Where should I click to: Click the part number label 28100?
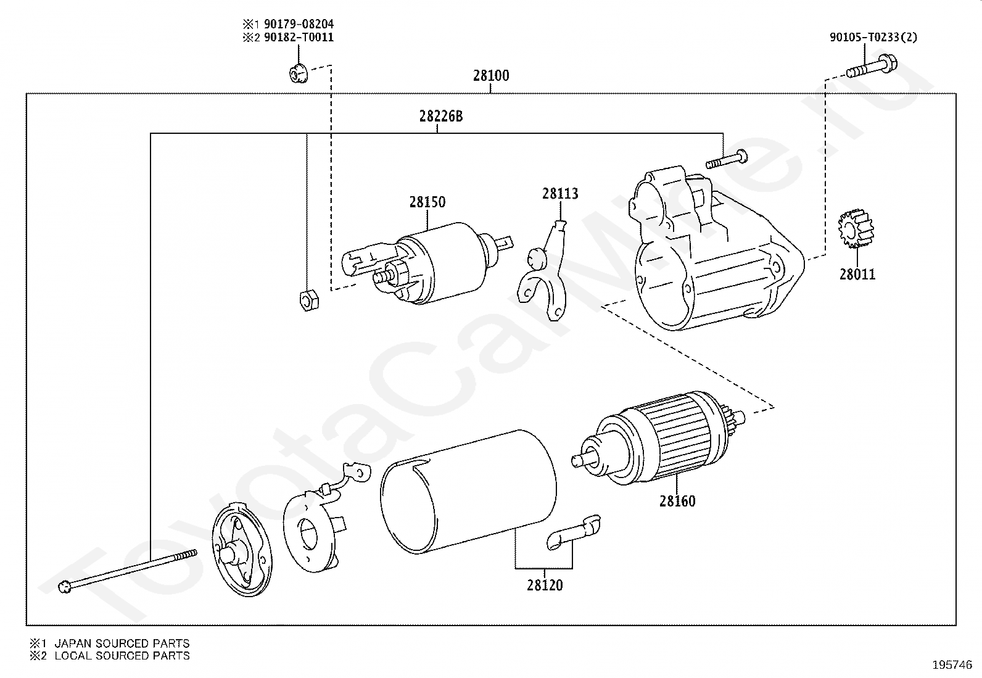[x=491, y=76]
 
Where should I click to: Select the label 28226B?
[x=440, y=116]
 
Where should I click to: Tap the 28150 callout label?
[x=427, y=202]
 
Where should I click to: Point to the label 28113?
[x=560, y=194]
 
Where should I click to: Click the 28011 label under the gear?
[x=857, y=274]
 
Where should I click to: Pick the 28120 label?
[x=545, y=585]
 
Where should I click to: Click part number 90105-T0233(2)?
[x=873, y=37]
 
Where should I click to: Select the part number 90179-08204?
[x=299, y=24]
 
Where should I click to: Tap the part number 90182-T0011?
[x=299, y=37]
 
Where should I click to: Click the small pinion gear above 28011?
[x=856, y=229]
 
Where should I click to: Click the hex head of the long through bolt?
[x=65, y=587]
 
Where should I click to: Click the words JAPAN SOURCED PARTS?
[x=122, y=643]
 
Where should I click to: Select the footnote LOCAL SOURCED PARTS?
[x=122, y=656]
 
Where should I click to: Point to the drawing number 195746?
[x=952, y=665]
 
